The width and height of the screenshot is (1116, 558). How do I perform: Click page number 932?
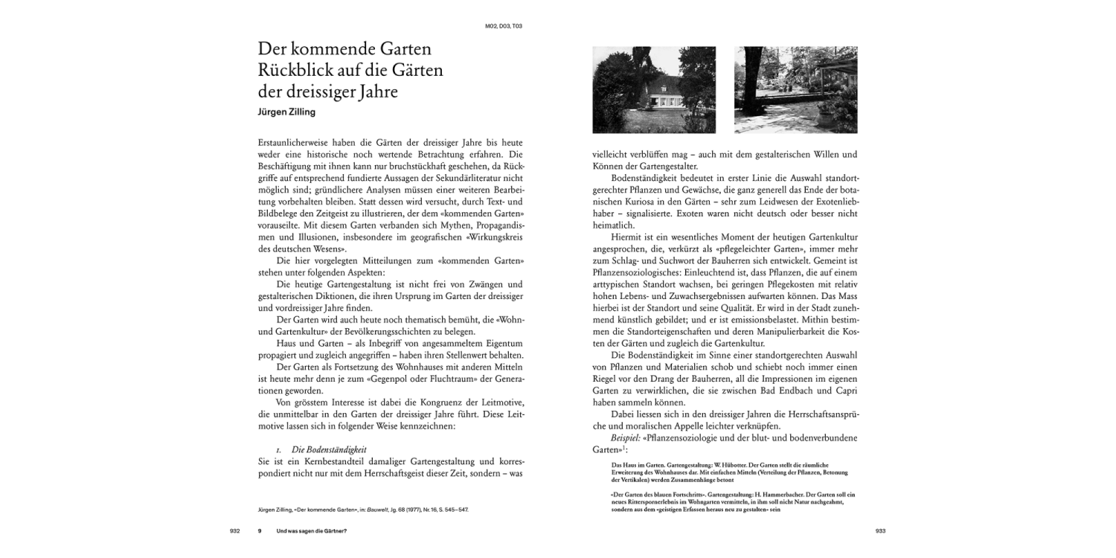point(234,530)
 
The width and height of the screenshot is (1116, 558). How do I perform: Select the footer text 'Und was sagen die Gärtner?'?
point(312,530)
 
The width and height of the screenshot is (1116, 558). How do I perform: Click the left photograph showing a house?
point(654,90)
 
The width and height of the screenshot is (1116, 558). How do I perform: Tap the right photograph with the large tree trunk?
point(795,90)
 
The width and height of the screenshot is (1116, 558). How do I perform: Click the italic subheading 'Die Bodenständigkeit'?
point(330,449)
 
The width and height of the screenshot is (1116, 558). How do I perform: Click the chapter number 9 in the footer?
point(260,530)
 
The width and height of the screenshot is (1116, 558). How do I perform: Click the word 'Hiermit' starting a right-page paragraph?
point(626,237)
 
